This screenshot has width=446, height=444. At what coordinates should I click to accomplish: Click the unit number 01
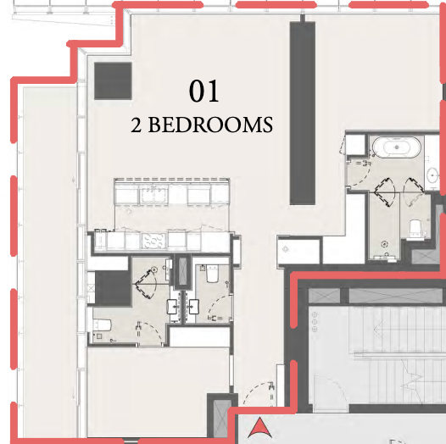[204, 91]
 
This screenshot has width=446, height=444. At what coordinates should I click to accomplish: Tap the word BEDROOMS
[210, 125]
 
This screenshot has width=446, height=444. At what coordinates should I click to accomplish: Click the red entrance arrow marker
[259, 427]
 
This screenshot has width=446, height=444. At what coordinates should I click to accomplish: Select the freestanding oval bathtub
[397, 147]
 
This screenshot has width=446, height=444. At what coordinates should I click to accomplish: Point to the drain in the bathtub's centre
[397, 147]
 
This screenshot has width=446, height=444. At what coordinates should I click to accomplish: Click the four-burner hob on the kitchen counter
[153, 241]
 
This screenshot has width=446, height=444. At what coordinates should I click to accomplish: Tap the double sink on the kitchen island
[153, 194]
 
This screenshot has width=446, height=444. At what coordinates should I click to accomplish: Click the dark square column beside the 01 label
[113, 81]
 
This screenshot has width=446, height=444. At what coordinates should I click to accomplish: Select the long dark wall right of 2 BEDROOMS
[303, 113]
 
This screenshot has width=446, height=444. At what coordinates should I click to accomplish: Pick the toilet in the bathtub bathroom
[415, 228]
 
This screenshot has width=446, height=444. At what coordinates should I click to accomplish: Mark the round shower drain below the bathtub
[385, 243]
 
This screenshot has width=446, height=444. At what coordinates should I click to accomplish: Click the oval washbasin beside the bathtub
[433, 176]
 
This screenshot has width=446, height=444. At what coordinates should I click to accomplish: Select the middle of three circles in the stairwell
[315, 322]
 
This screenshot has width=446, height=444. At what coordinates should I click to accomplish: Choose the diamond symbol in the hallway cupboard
[285, 249]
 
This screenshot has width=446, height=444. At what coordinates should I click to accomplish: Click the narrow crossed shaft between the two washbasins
[182, 270]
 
